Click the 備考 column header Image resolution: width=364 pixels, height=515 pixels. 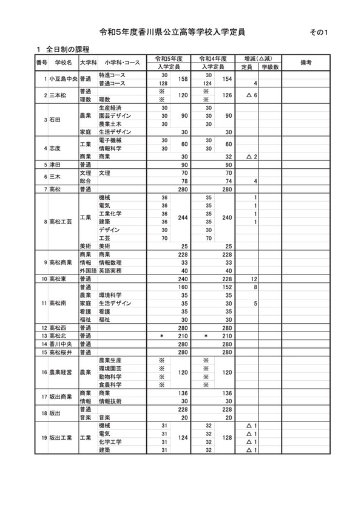[x=306, y=63]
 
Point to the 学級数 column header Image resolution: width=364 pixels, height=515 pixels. [x=270, y=67]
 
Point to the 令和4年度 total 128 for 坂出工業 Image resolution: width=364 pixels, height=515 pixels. [x=227, y=437]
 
